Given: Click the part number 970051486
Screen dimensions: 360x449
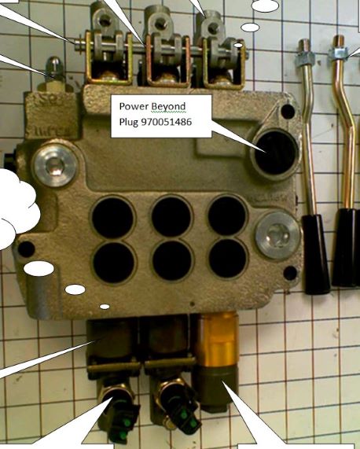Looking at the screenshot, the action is [167, 122].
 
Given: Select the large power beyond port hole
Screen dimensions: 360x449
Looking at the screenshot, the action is [276, 153].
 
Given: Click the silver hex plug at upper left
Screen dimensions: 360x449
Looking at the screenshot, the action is [55, 164].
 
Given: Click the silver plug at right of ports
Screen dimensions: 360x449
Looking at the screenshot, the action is [277, 235].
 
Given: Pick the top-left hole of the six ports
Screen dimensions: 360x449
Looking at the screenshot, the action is [112, 217].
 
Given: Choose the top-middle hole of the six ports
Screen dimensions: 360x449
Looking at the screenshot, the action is [171, 216].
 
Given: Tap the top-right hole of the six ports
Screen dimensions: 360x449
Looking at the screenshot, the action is [227, 215].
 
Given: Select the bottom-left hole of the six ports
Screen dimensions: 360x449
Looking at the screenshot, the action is [114, 263].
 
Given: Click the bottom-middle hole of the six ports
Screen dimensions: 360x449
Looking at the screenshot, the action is [172, 260].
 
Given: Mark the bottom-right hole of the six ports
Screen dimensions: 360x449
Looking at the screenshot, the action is [228, 258].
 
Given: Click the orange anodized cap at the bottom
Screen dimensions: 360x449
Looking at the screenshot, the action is [217, 340].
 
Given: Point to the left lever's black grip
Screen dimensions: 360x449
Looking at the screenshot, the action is [316, 254].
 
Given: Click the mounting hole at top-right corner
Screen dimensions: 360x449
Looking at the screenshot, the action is [288, 111].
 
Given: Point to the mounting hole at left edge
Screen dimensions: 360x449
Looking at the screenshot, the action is [26, 249].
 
